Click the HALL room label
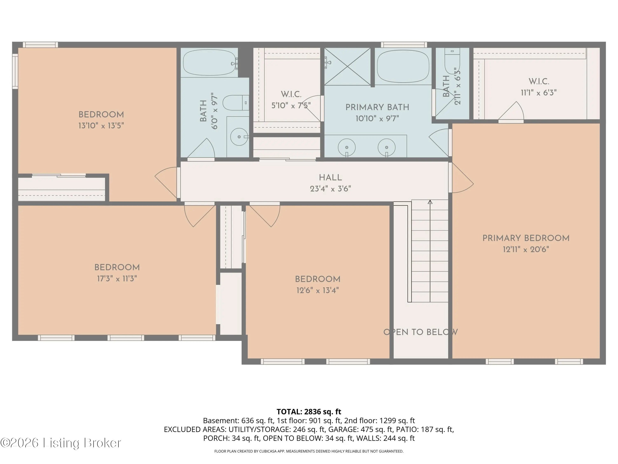[x=330, y=177]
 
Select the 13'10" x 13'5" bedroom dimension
[x=101, y=126]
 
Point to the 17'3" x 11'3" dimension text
[x=117, y=279]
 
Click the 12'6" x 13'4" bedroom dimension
[x=318, y=290]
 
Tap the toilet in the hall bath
[x=235, y=103]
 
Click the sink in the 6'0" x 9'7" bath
[x=239, y=137]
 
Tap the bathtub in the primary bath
[x=403, y=66]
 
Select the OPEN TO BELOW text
[x=420, y=332]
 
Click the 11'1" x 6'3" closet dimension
[x=539, y=93]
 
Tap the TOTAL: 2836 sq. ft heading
[x=309, y=412]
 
